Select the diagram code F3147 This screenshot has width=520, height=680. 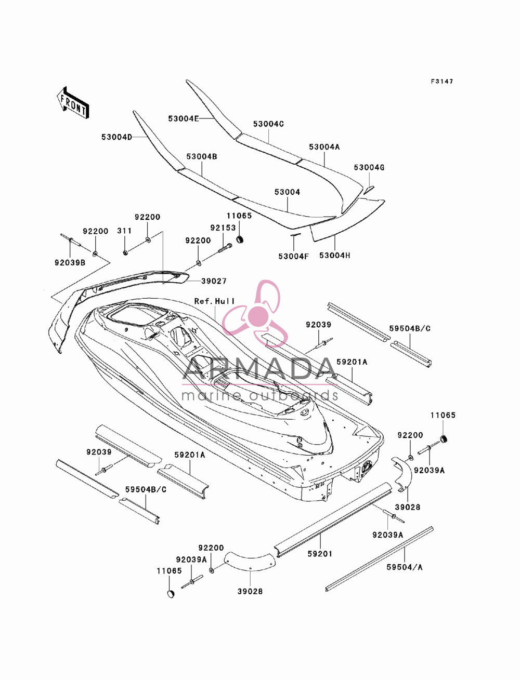(x=442, y=82)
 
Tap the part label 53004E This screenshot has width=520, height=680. (x=184, y=118)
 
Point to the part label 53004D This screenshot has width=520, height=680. (x=117, y=137)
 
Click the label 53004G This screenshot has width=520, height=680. (x=369, y=167)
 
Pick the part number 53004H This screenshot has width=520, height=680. (x=334, y=255)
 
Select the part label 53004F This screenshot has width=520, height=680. (x=294, y=256)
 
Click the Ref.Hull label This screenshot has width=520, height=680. (x=214, y=301)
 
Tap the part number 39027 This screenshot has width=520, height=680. (x=214, y=281)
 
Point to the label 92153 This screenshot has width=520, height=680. (x=223, y=228)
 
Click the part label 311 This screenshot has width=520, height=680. (x=124, y=231)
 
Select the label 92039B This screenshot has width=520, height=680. (x=70, y=262)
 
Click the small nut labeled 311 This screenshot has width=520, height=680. (x=125, y=252)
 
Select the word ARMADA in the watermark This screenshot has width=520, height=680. (x=259, y=369)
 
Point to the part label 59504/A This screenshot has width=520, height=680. (x=405, y=567)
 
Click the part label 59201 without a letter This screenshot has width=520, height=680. (x=320, y=553)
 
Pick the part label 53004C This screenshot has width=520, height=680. (x=268, y=124)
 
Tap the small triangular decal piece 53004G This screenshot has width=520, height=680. (x=369, y=190)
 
